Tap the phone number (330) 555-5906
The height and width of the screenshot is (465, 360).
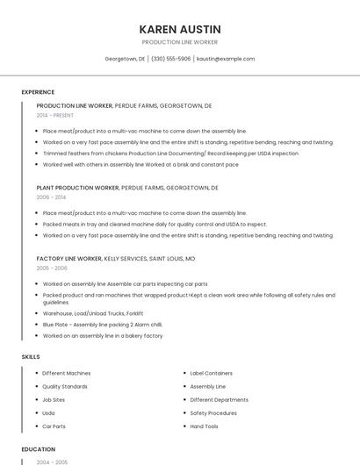[x=170, y=59]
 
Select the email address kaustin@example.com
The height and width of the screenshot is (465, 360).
[x=226, y=59]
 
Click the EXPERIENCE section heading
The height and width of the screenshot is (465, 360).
[x=38, y=92]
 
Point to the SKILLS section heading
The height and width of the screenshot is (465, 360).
[x=31, y=357]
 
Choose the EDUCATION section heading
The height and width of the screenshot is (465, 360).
[x=39, y=449]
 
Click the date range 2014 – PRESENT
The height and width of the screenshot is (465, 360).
[x=55, y=115]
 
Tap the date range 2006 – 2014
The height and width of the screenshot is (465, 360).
[x=51, y=197]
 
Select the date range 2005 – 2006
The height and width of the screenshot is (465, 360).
[x=52, y=268]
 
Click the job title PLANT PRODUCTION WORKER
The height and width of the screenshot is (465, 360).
[x=78, y=188]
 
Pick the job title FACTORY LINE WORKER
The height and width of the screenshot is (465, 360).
[x=69, y=259]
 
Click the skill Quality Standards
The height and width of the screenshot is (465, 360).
[x=65, y=386]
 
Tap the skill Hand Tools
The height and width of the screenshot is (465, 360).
[x=205, y=426]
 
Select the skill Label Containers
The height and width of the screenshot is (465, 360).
[x=212, y=373]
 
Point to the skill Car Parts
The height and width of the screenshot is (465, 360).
[x=54, y=426]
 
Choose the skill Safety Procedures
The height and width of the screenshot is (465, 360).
[x=213, y=413]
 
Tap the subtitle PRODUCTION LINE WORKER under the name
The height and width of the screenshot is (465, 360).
[x=180, y=42]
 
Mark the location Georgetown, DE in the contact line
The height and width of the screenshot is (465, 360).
[x=125, y=59]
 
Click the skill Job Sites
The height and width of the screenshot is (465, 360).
[x=54, y=399]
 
